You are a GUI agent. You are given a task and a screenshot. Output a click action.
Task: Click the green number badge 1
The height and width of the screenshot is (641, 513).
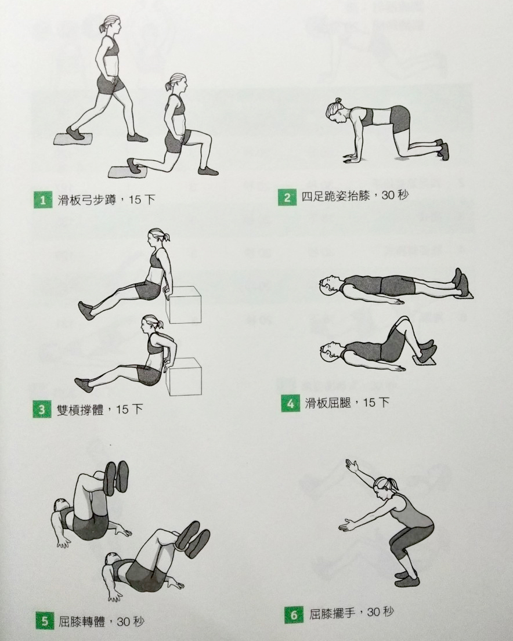(x=43, y=200)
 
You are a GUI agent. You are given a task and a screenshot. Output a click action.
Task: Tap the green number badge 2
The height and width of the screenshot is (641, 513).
(x=287, y=197)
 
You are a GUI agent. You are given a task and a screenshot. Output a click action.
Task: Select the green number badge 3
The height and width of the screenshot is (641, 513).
(x=42, y=409)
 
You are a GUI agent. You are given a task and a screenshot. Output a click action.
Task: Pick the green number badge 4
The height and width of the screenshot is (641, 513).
(x=291, y=404)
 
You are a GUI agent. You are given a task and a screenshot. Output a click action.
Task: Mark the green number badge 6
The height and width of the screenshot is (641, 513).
(x=294, y=615)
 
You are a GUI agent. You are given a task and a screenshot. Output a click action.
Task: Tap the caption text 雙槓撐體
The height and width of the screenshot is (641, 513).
(x=80, y=409)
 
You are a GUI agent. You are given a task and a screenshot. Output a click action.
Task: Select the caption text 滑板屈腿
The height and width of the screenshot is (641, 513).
(x=328, y=404)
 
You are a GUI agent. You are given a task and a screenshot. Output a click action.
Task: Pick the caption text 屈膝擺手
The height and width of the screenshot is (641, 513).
(x=332, y=614)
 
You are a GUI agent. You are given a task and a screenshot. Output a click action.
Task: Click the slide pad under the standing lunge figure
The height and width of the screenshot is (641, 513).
(x=74, y=139)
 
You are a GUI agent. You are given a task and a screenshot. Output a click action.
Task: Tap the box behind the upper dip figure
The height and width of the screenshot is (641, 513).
(x=184, y=305)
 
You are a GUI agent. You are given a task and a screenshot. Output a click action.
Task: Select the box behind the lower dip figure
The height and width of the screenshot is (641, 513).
(x=185, y=376)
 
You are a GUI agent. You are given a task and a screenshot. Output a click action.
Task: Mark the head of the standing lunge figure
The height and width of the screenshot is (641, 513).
(x=111, y=25)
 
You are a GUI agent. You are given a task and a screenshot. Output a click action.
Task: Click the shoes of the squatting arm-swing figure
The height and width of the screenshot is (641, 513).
(x=407, y=578)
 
